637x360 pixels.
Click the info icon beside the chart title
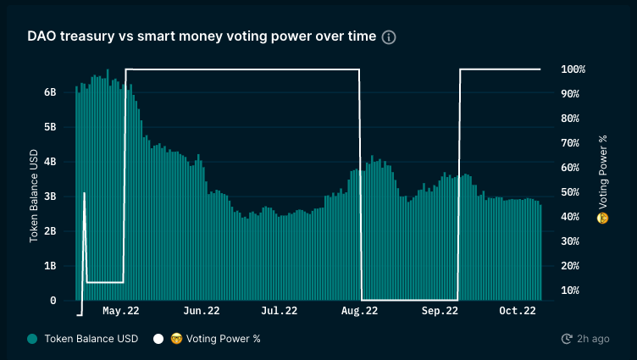(389, 37)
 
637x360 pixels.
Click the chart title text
(201, 37)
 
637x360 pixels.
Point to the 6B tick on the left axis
(50, 92)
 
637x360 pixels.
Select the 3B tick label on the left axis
(50, 197)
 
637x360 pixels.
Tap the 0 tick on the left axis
(53, 301)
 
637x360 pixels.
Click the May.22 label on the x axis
(121, 312)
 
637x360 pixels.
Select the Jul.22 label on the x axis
(280, 312)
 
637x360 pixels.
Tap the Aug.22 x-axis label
(359, 312)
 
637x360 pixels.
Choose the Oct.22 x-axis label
(517, 312)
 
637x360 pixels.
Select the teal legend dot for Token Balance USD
(32, 339)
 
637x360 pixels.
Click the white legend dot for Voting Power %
(158, 339)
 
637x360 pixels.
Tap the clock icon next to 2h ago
(567, 339)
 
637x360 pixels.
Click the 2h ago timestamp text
(593, 339)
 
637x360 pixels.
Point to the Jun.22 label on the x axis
(202, 312)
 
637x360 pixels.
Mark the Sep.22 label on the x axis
(439, 312)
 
